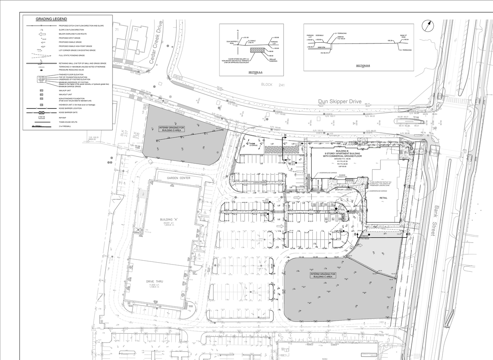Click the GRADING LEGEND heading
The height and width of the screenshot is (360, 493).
pyautogui.click(x=51, y=19)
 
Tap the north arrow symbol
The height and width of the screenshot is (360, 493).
pyautogui.click(x=427, y=27)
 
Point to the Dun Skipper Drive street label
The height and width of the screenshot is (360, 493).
pyautogui.click(x=340, y=102)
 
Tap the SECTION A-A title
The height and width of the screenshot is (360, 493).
pyautogui.click(x=255, y=72)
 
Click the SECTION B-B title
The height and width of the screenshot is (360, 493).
pyautogui.click(x=361, y=66)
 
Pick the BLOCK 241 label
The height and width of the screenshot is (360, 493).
pyautogui.click(x=272, y=85)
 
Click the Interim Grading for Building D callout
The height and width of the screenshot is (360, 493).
pyautogui.click(x=170, y=129)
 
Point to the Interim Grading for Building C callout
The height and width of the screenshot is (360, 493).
pyautogui.click(x=323, y=275)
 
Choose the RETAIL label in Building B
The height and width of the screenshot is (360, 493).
pyautogui.click(x=384, y=198)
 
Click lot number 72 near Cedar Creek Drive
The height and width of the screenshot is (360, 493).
pyautogui.click(x=136, y=29)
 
